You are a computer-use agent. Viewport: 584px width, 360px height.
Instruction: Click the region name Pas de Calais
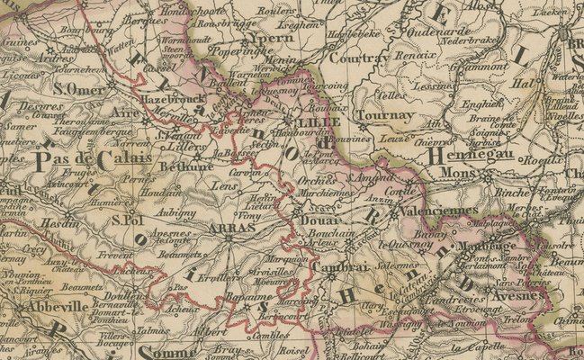pyautogui.click(x=83, y=160)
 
